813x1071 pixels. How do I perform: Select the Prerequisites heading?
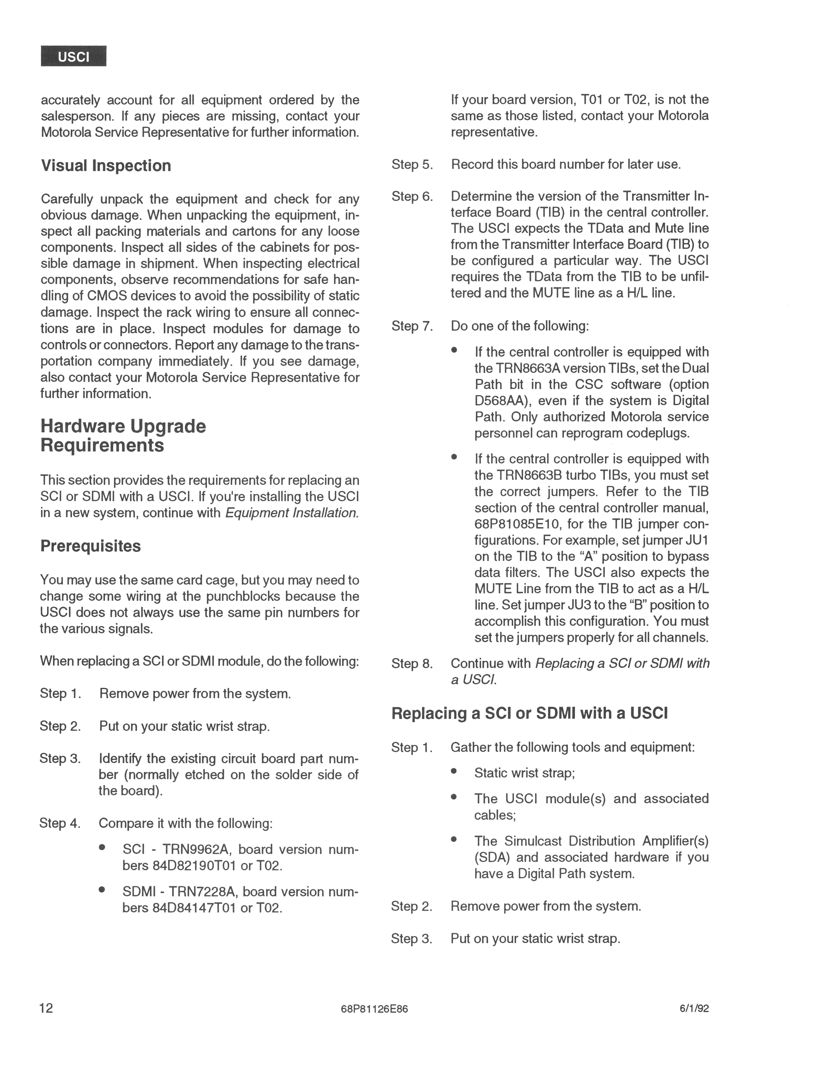pyautogui.click(x=90, y=546)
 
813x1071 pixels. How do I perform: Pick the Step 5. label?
pyautogui.click(x=412, y=165)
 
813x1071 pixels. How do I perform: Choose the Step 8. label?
pyautogui.click(x=412, y=663)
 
